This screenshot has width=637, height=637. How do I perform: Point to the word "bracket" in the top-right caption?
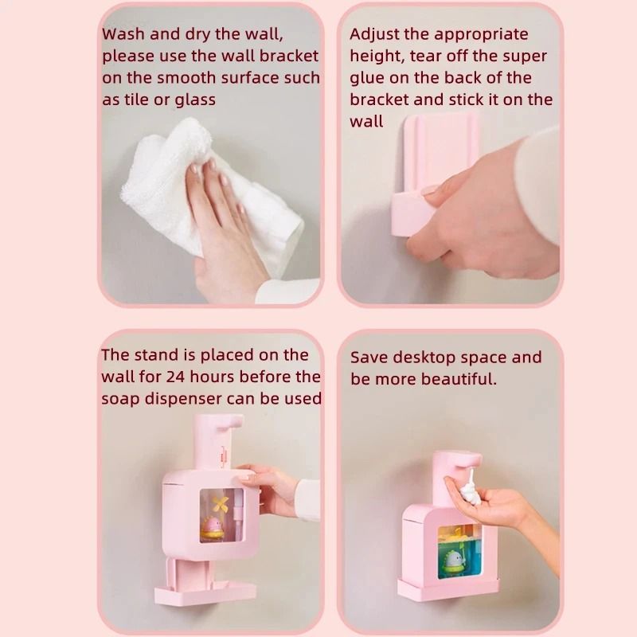click(x=380, y=100)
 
